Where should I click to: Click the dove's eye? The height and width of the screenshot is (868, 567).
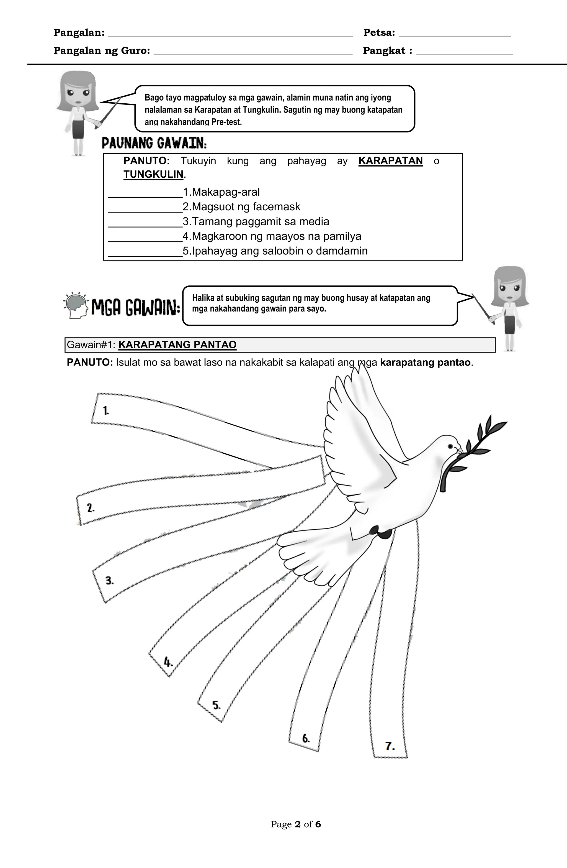[x=450, y=446]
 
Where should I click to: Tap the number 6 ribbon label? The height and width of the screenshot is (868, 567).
[x=306, y=739]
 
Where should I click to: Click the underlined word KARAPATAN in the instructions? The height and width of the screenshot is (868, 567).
[x=390, y=161]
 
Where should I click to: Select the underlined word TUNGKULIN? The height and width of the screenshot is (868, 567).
[x=153, y=174]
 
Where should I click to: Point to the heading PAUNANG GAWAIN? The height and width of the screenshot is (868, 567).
[x=154, y=143]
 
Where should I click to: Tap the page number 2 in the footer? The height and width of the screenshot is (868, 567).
[x=298, y=824]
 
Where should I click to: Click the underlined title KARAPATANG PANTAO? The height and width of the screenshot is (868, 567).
[x=177, y=345]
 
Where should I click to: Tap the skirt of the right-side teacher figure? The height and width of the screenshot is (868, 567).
[x=509, y=324]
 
